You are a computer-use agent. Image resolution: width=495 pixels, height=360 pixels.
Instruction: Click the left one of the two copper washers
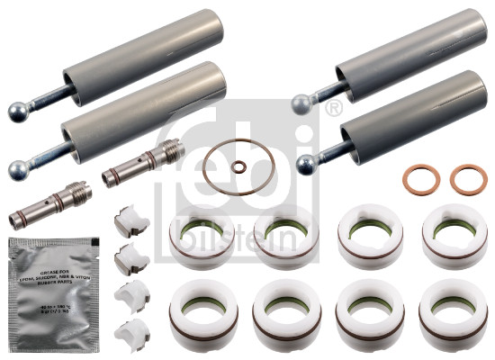[418, 179]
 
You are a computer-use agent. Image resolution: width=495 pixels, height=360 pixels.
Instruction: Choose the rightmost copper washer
[468, 179]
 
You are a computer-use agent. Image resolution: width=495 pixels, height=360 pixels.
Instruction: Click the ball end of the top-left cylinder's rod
[17, 112]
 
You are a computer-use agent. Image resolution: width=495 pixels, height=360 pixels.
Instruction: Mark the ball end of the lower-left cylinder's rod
[17, 167]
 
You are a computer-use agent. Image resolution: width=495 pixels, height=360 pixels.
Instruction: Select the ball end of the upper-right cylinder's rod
[301, 105]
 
